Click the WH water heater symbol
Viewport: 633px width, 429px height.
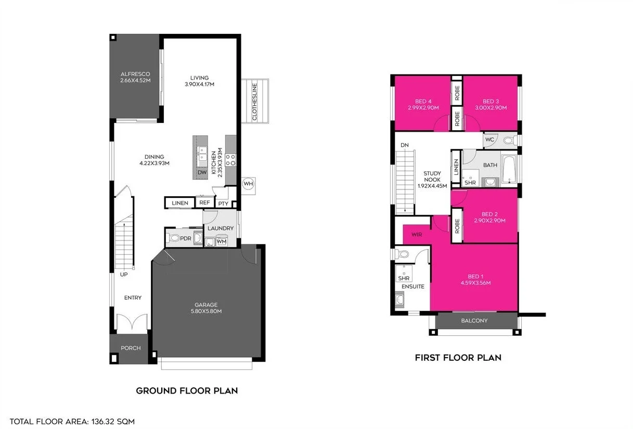248,184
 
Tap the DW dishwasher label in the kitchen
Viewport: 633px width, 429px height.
201,173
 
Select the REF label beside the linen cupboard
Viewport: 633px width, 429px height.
204,203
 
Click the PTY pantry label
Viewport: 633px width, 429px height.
223,204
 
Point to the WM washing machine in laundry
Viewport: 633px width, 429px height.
221,242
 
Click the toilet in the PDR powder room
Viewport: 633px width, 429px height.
173,238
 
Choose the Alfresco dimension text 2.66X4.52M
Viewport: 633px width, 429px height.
135,81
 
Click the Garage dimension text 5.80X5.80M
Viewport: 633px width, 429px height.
206,311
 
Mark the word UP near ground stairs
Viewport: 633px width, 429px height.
124,274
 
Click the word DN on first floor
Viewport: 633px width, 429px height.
405,145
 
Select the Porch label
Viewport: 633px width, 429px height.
131,348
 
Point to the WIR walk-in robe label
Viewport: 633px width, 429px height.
416,234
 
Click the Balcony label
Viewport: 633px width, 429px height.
474,321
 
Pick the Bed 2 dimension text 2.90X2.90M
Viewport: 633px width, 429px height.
489,221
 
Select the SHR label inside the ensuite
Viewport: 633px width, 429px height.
404,279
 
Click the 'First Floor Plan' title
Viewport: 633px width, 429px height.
458,358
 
